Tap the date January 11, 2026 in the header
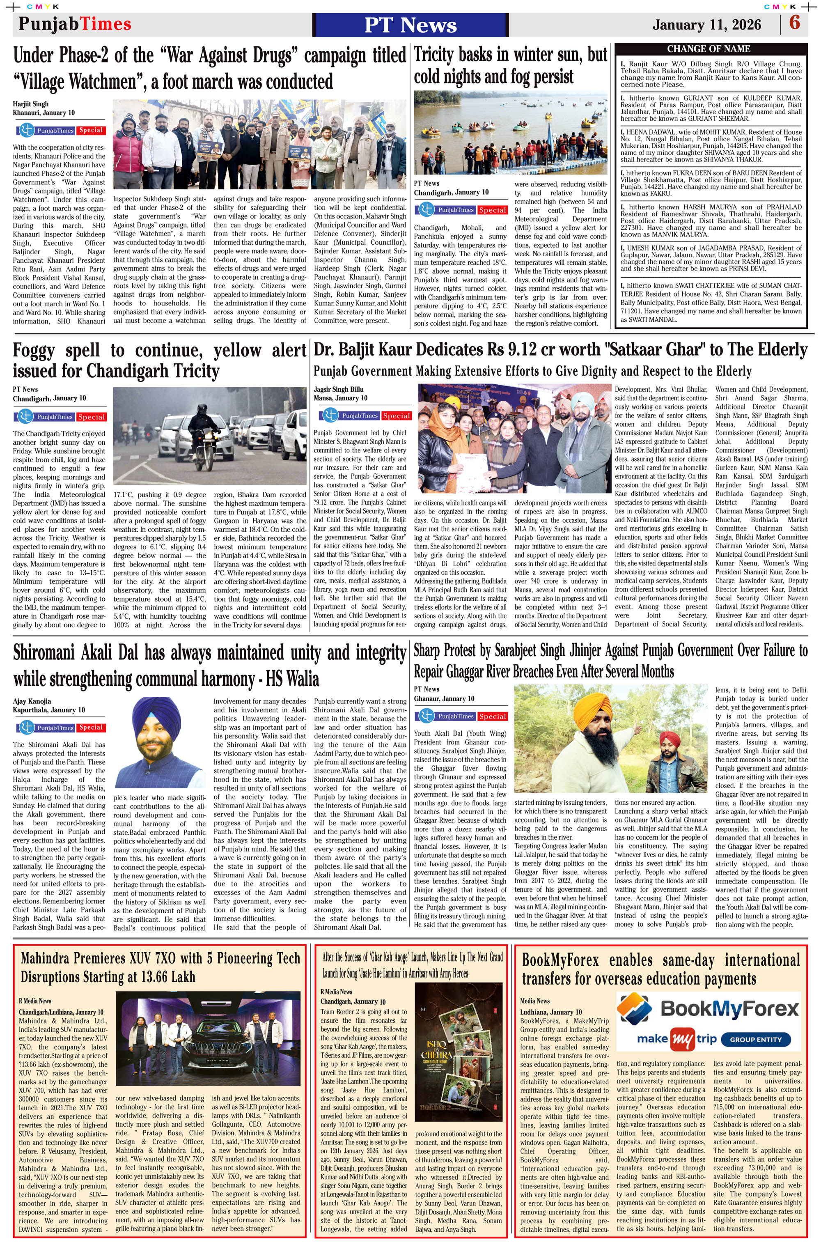tap(706, 25)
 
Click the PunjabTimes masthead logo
tap(75, 24)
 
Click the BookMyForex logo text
tap(730, 1008)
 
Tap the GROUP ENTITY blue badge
tap(756, 1039)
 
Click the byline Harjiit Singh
tap(31, 104)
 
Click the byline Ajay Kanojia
tap(32, 701)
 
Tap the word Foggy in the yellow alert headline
tap(34, 350)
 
